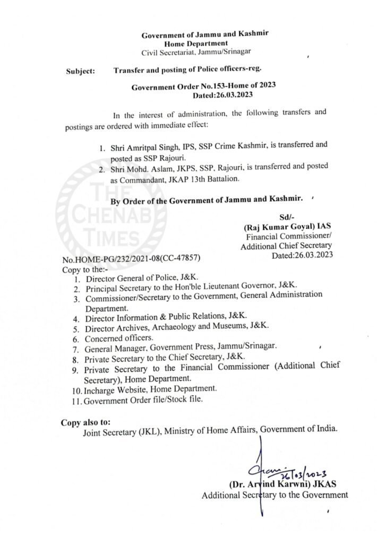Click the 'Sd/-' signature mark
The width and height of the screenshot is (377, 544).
tap(286, 216)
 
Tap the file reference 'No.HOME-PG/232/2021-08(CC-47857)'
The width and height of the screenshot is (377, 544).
tap(132, 258)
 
